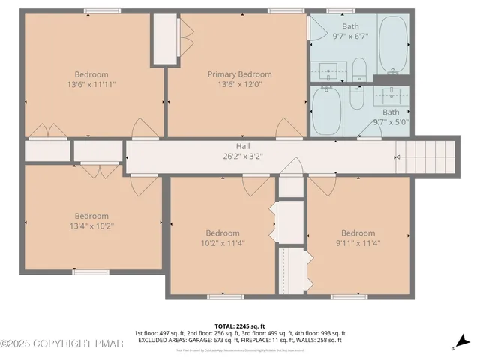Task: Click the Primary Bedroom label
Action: tap(239, 74)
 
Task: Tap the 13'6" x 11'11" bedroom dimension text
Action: tap(91, 85)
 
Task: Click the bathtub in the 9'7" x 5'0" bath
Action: tap(325, 110)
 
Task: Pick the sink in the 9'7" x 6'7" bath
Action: tap(329, 72)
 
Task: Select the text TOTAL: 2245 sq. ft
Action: tap(239, 325)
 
